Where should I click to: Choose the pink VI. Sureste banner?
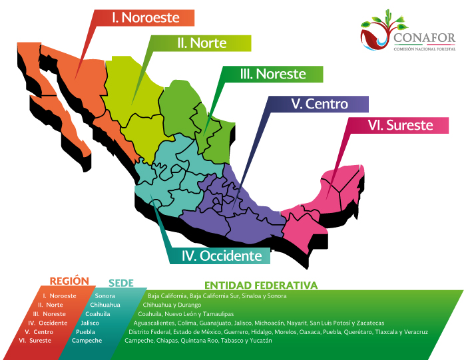[399, 125]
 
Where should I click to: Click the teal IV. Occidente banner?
[222, 256]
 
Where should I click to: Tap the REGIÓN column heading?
[69, 282]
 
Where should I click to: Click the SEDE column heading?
[120, 283]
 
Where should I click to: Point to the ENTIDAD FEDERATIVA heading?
[260, 285]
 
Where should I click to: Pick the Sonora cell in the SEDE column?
[105, 295]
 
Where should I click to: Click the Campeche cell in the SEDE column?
[87, 341]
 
